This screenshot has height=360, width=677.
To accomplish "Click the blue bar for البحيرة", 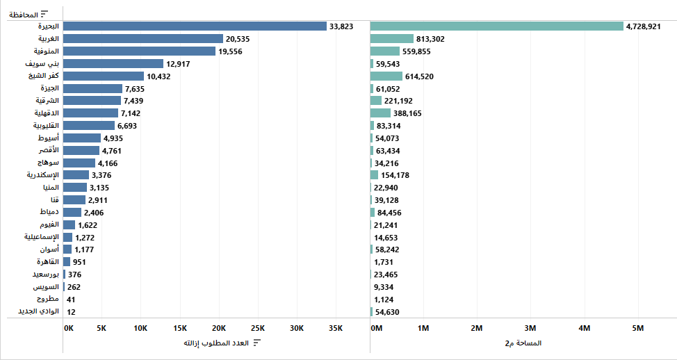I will click(195, 26).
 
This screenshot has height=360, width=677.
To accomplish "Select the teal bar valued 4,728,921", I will click(496, 26).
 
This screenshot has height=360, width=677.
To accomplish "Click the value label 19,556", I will click(230, 51).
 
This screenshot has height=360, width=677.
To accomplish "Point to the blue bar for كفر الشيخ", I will click(104, 76).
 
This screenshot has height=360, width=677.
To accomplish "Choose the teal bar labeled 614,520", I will click(386, 76).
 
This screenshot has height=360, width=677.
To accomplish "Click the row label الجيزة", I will click(51, 88).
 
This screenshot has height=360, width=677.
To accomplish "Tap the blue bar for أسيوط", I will click(82, 138).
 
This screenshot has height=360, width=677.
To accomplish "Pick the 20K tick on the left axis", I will click(220, 328).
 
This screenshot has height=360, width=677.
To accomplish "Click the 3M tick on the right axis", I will click(530, 328).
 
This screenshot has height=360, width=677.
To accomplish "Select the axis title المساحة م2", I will click(523, 343).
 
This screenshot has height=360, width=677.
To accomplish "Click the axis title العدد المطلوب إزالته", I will click(216, 343).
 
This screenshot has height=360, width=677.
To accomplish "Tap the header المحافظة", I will click(24, 14).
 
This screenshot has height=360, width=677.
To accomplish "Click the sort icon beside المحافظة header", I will click(45, 14).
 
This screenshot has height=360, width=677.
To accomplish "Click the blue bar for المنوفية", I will click(140, 51).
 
